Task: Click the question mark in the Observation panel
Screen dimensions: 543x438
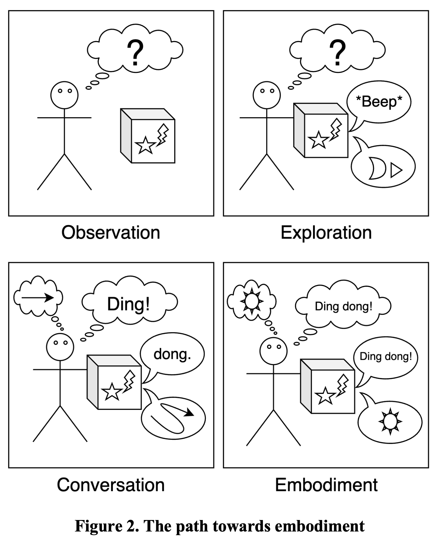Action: tap(135, 53)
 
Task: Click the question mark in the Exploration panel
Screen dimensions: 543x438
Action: tap(337, 53)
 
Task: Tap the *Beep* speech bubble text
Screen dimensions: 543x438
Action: tap(379, 102)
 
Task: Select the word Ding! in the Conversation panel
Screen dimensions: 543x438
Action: tap(129, 304)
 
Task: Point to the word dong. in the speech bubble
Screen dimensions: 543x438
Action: tap(172, 354)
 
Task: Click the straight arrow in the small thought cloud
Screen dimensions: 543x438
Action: tap(38, 298)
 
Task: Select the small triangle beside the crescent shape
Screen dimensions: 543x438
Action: tap(396, 171)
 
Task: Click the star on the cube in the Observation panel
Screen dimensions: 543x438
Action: tap(145, 145)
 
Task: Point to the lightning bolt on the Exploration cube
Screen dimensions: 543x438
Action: tap(336, 129)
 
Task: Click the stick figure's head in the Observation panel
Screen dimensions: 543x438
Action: tap(64, 95)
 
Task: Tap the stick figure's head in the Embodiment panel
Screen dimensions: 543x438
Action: tap(273, 351)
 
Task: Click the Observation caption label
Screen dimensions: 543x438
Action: tap(111, 233)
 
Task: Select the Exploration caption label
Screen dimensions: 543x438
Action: tap(326, 233)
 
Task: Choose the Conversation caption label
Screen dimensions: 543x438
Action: tap(111, 485)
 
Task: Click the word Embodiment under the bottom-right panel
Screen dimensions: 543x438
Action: tap(326, 485)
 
